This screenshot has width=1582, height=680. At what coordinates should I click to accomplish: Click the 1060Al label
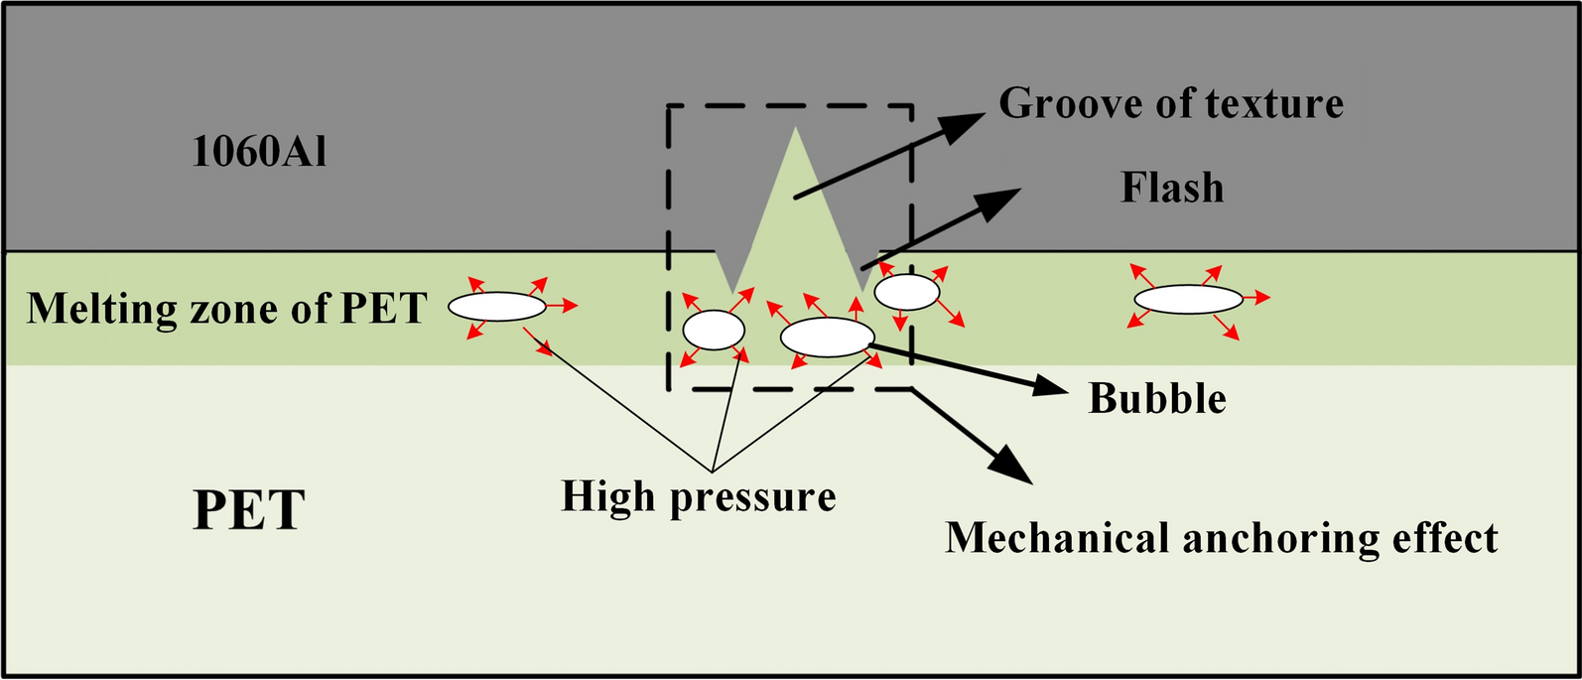[x=259, y=152]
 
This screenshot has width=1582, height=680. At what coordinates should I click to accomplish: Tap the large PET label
[x=248, y=510]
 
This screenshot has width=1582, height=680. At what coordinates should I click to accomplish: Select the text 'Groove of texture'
[x=1171, y=103]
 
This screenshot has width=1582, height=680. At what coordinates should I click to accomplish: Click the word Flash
[x=1172, y=188]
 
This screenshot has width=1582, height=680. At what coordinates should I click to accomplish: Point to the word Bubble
[x=1157, y=398]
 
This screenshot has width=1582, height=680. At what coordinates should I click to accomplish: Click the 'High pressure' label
[x=699, y=496]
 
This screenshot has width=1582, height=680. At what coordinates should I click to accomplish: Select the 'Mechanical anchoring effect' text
[x=1221, y=538]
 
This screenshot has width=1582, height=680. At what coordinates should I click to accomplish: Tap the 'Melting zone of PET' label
[x=226, y=309]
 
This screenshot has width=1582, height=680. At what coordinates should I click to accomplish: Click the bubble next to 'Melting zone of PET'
[x=497, y=307]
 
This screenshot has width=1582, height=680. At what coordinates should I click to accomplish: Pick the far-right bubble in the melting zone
[x=1188, y=299]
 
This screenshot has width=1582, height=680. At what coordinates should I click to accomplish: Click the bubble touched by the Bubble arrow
[x=827, y=337]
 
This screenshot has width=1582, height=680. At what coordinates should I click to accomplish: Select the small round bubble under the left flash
[x=714, y=330]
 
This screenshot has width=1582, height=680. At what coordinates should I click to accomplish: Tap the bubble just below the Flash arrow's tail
[x=906, y=292]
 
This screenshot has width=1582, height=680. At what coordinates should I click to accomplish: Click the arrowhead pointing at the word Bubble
[x=1052, y=385]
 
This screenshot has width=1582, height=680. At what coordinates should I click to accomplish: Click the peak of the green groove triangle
[x=794, y=128]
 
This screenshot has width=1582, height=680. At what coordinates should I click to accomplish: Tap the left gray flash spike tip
[x=733, y=292]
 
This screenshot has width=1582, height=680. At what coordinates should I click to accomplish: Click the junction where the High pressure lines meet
[x=712, y=469]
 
